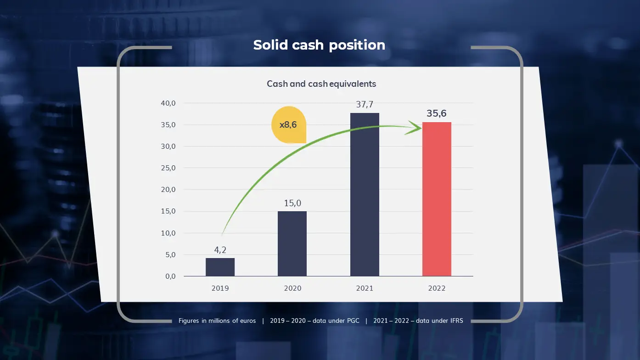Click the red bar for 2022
[437, 199]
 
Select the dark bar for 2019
[220, 267]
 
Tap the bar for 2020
[292, 244]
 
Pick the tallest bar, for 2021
[365, 195]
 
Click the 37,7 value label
[365, 105]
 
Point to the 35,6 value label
[437, 113]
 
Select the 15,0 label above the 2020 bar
[292, 203]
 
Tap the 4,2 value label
[220, 250]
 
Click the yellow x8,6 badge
[289, 125]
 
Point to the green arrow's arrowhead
[415, 128]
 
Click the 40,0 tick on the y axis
[168, 103]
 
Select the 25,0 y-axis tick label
[168, 168]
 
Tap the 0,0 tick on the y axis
[171, 276]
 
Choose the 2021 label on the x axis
[365, 288]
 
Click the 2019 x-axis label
[220, 288]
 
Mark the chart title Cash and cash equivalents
[321, 84]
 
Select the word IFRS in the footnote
[456, 321]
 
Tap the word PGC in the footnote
[353, 321]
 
